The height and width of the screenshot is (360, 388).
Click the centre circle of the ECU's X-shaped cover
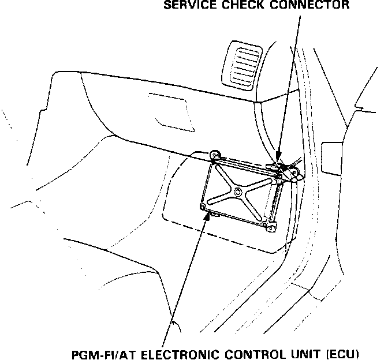click(238, 192)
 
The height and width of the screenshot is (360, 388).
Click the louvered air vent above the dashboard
click(244, 63)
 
